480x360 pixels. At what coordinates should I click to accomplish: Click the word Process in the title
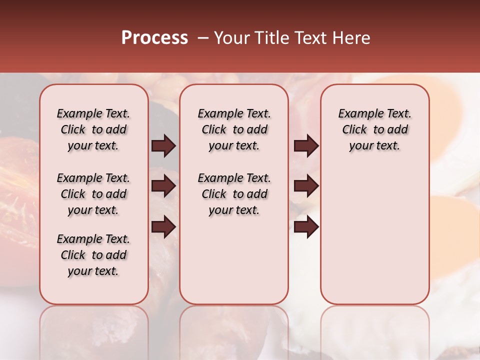154,38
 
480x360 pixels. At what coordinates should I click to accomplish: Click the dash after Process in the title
202,38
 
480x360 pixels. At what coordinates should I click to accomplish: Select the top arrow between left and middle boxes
163,146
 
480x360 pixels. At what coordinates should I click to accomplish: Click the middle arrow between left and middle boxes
163,186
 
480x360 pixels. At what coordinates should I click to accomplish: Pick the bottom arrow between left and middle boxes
163,227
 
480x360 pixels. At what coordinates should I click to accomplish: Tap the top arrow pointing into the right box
306,146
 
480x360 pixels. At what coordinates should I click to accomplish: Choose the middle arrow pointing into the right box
306,186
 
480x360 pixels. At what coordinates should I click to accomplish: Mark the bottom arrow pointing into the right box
306,227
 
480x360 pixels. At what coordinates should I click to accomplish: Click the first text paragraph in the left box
93,129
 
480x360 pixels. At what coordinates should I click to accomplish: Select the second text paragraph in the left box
93,194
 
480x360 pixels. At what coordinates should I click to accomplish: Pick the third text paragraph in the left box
93,255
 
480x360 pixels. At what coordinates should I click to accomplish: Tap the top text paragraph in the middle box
234,129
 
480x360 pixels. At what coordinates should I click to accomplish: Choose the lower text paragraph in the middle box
234,194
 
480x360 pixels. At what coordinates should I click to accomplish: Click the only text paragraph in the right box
374,129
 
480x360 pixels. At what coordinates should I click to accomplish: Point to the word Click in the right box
354,129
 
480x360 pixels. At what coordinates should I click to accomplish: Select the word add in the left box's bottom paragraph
116,255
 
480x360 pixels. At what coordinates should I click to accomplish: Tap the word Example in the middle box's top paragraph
217,113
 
